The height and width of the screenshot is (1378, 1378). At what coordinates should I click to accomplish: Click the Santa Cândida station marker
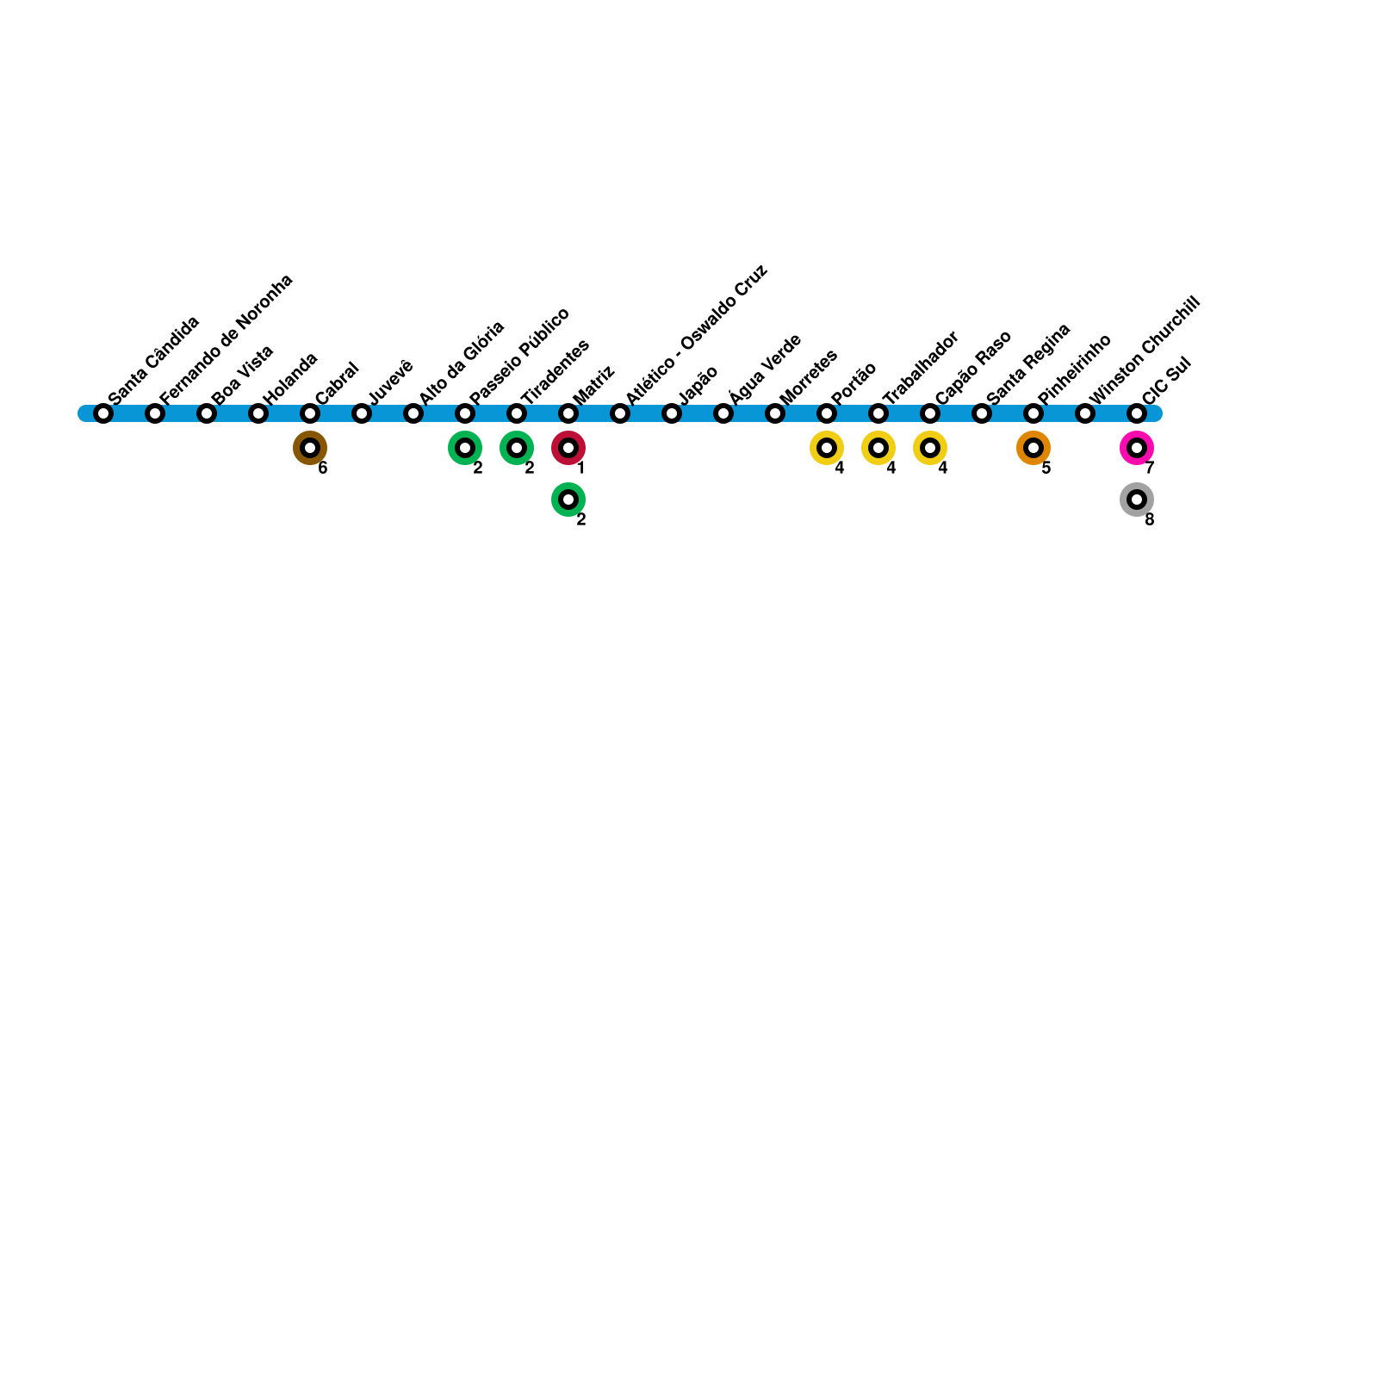click(103, 413)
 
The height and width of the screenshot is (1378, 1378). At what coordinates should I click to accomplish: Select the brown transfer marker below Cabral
click(310, 448)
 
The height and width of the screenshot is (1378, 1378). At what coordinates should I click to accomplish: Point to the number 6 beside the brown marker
click(323, 469)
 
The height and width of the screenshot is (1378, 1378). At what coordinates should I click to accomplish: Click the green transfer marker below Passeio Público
click(465, 448)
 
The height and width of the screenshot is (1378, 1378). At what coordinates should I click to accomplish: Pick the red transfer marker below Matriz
click(568, 448)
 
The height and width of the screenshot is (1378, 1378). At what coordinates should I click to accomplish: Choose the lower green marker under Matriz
click(568, 500)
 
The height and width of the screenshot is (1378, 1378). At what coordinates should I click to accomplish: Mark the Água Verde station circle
click(723, 413)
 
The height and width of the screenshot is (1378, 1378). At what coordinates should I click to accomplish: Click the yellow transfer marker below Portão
click(827, 448)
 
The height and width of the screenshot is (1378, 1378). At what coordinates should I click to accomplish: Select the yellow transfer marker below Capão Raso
click(930, 448)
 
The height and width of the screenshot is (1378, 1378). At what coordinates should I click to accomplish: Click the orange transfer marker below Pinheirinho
click(1033, 448)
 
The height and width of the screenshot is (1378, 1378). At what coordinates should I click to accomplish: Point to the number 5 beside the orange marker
click(1046, 469)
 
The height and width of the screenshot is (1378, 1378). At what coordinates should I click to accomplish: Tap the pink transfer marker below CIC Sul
click(1137, 448)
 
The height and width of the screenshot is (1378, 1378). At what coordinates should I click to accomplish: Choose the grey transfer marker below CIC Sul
click(1137, 500)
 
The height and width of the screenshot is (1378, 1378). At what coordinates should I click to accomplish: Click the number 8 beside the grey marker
click(1150, 520)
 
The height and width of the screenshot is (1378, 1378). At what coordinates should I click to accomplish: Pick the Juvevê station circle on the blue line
click(362, 413)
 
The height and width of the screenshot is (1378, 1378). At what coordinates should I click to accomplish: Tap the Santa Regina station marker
click(982, 413)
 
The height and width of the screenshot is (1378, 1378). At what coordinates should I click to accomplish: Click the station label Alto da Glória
click(462, 362)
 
